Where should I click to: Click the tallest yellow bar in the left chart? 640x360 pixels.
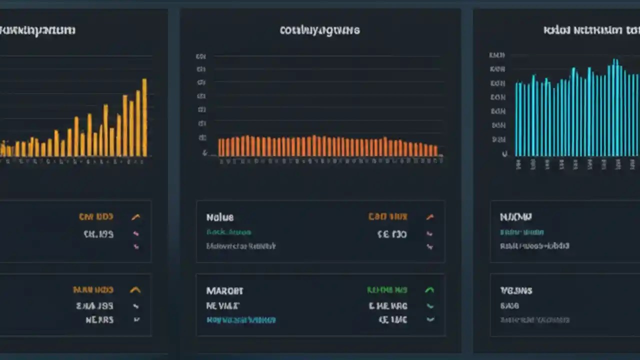point(144,117)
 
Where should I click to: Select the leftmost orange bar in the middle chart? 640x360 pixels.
point(220,147)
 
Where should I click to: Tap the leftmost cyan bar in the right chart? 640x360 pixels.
point(517,119)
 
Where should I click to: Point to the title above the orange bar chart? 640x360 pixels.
point(319,30)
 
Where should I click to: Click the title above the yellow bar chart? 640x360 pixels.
point(37,30)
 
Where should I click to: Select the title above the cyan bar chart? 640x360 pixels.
point(590,30)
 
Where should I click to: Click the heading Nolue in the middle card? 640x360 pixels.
point(220,217)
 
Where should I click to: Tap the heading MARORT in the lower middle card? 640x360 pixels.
point(224,290)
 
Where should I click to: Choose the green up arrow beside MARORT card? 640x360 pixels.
point(429,290)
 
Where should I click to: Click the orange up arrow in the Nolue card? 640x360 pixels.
point(429,217)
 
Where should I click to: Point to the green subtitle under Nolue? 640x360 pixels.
point(228,232)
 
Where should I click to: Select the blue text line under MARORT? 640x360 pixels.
point(241,319)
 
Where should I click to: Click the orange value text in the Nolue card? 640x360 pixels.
point(387,217)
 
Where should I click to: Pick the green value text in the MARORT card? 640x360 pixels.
point(387,290)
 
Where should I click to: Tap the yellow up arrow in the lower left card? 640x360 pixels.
point(135,290)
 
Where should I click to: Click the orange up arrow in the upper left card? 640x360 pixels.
point(135,217)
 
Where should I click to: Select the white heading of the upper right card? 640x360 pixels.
point(515,217)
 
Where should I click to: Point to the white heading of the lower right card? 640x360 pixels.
point(516,290)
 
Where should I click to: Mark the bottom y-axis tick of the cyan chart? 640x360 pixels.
point(505,154)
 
